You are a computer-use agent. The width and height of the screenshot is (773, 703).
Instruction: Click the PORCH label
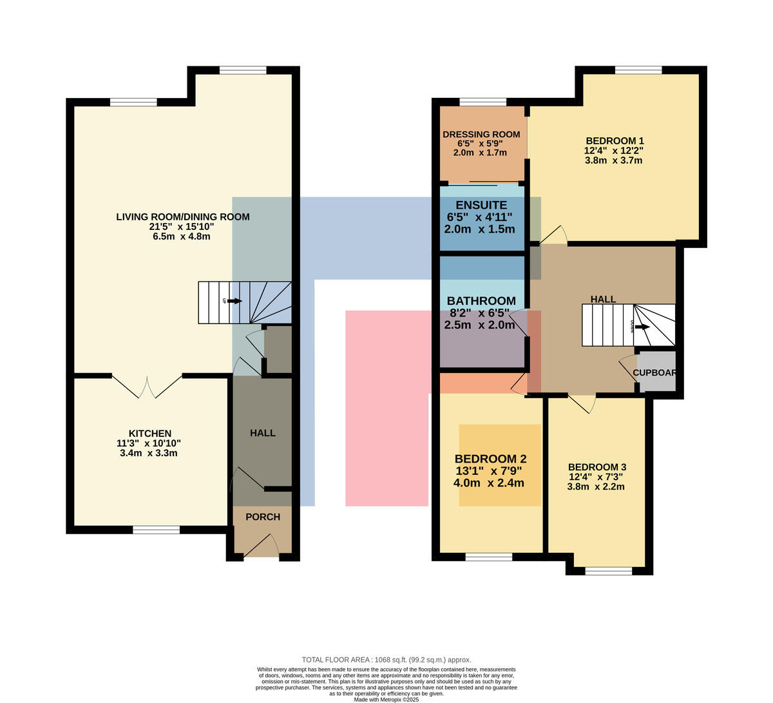[x=263, y=517]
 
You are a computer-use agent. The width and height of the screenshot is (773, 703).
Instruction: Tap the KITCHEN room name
[x=150, y=434]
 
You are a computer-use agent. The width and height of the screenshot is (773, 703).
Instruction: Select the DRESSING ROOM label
[x=481, y=135]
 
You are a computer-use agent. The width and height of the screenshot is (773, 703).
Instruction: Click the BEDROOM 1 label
[x=615, y=140]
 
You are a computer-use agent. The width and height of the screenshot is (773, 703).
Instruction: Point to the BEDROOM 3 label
[x=597, y=467]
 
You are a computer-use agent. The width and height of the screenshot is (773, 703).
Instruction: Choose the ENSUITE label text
[x=481, y=205]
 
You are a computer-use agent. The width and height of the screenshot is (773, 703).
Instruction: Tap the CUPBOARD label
[x=654, y=373]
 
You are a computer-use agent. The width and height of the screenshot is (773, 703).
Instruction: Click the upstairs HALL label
[x=603, y=299]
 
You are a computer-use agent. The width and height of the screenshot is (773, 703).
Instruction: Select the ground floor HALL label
[x=263, y=433]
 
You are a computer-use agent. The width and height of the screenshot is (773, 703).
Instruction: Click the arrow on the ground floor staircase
[x=234, y=301]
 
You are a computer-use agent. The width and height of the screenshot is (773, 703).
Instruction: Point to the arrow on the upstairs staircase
[x=642, y=327]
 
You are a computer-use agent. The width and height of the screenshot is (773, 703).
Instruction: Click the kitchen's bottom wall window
[x=156, y=530]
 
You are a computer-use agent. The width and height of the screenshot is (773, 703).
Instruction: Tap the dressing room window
[x=482, y=102]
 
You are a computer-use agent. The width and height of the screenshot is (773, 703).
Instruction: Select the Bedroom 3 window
[x=609, y=571]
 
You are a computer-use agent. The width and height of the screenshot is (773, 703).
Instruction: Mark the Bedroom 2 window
[x=489, y=557]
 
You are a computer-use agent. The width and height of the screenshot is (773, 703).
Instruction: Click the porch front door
[x=262, y=545]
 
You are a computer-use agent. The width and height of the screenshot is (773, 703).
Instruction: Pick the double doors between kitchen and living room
[x=147, y=386]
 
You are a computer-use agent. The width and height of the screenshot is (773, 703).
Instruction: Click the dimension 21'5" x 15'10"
[x=182, y=226]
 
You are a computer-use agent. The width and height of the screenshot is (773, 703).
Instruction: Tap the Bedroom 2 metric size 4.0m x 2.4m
[x=489, y=483]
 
